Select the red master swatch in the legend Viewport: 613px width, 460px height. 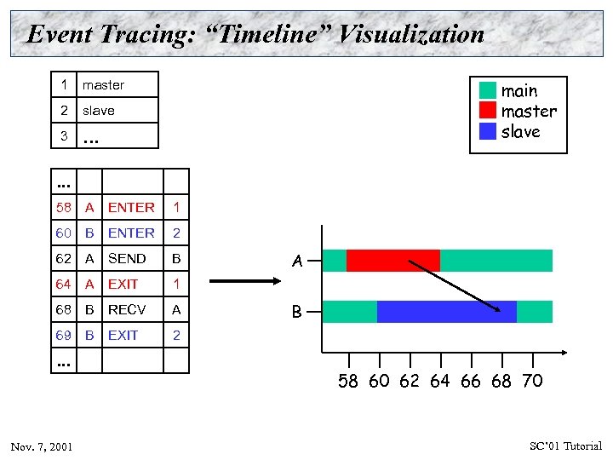coord(487,111)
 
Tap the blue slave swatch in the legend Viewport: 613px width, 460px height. coord(487,131)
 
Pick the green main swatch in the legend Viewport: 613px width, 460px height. coord(487,90)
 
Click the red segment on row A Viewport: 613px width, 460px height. coord(392,260)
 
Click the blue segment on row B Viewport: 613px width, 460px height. coord(446,312)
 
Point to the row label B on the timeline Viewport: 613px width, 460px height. coord(297,313)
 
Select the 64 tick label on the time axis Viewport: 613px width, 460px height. coord(439,381)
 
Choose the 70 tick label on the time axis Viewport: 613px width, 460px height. coord(531,381)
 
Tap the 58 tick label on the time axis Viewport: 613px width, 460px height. coord(348,381)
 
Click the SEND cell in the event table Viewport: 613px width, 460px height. coord(127,258)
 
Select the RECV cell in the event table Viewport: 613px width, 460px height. coord(127,309)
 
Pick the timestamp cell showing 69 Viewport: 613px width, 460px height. coord(64,335)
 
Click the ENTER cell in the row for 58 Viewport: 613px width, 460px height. coord(131,207)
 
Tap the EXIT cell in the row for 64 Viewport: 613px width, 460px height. coord(123,284)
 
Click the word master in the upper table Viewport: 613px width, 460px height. coord(103,85)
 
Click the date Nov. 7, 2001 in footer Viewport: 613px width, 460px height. coord(42,446)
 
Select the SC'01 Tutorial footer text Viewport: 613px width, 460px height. coord(565,446)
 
